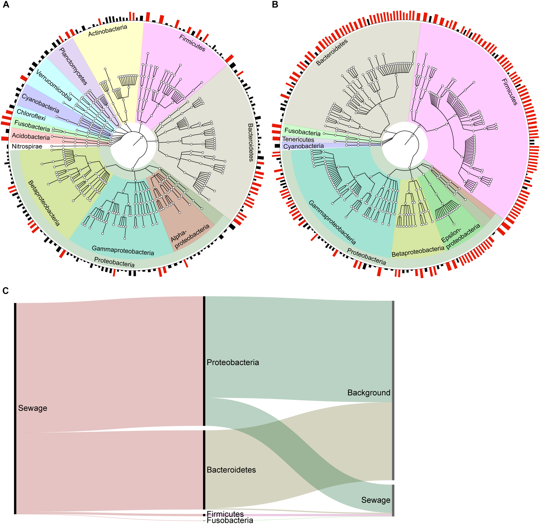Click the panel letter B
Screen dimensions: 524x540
[x=275, y=5]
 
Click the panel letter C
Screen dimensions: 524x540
[x=6, y=291]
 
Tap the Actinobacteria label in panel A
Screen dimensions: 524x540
[x=108, y=30]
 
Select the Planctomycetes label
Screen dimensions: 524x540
[x=73, y=66]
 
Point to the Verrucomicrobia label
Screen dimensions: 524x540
[x=54, y=85]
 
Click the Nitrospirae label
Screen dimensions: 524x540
[x=27, y=146]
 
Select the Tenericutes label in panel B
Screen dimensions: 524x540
[x=298, y=140]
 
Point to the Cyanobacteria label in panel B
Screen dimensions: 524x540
[x=304, y=146]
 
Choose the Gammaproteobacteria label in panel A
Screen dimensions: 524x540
[x=123, y=250]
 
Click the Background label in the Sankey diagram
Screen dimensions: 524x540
[x=369, y=392]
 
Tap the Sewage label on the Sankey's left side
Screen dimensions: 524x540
[x=33, y=408]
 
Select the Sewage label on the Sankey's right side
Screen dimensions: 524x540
[x=376, y=500]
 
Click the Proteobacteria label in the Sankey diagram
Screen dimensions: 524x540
[x=233, y=362]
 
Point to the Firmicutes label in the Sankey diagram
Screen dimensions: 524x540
[x=225, y=514]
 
